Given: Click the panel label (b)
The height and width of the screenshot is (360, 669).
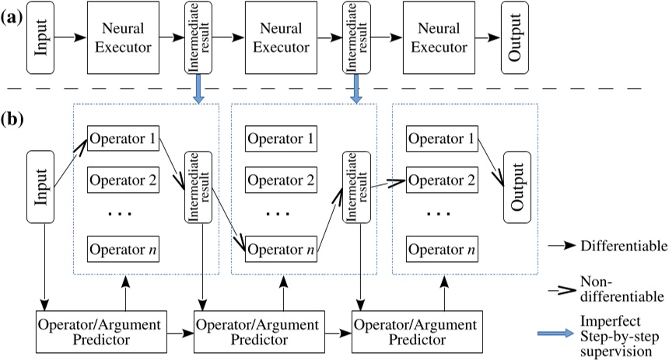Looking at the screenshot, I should point(12,121).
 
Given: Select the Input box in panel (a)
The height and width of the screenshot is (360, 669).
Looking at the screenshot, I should point(42,37).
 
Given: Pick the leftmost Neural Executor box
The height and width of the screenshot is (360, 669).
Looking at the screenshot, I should point(119,37).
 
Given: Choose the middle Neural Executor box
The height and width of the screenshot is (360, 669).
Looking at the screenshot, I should point(278,37).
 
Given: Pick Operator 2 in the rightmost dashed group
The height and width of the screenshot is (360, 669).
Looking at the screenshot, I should point(440,180).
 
